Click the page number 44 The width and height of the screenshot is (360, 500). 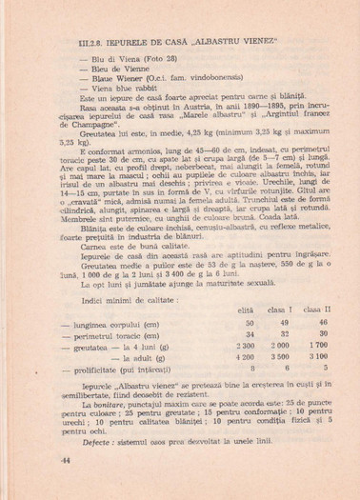coord(67,459)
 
